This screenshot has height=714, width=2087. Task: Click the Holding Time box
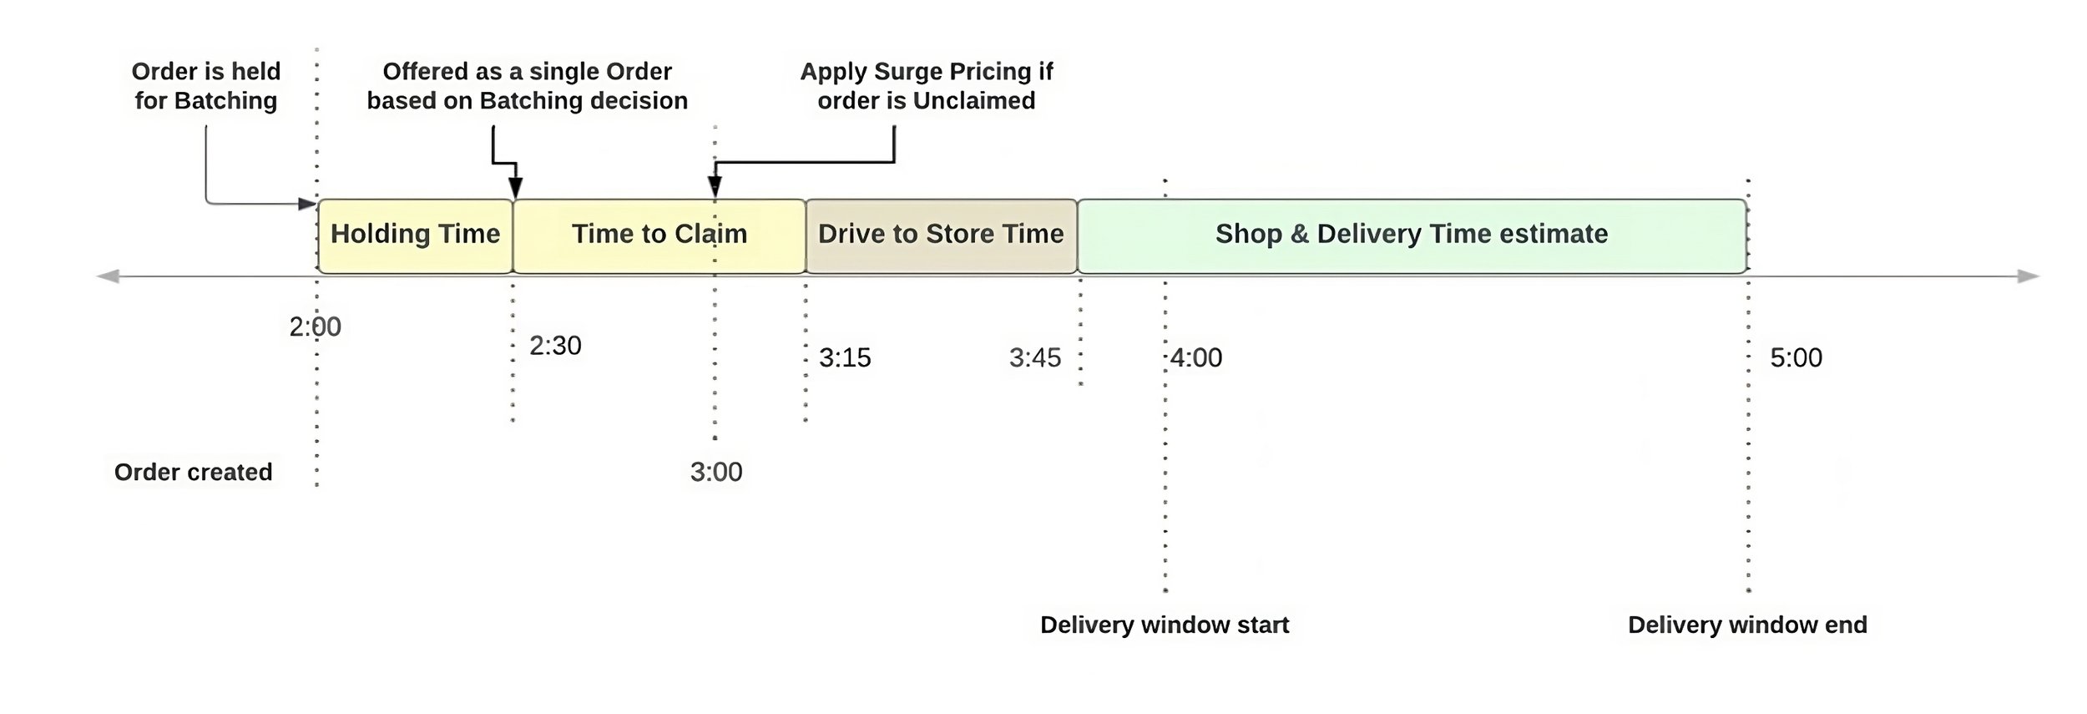[x=415, y=236]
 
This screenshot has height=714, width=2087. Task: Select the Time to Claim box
[x=659, y=236]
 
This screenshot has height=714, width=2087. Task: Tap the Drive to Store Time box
[x=942, y=236]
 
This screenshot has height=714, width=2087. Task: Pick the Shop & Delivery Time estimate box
[x=1412, y=236]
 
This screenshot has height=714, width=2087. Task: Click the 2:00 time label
[x=316, y=327]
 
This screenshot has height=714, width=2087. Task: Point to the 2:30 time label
[x=555, y=346]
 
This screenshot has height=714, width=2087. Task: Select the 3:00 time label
[x=716, y=473]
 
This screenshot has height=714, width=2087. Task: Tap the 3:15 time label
[x=845, y=358]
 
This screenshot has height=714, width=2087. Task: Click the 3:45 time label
[x=1035, y=358]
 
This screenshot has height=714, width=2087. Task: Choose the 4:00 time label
[x=1196, y=358]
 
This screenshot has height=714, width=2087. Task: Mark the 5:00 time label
[x=1796, y=358]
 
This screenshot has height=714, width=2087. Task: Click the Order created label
[x=194, y=473]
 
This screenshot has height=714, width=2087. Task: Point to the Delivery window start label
[x=1165, y=625]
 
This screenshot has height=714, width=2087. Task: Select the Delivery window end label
[x=1747, y=625]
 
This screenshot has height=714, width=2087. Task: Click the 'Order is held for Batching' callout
[x=206, y=86]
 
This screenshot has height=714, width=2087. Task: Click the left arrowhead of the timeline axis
[x=107, y=276]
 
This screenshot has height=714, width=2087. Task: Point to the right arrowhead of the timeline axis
[x=2029, y=276]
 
